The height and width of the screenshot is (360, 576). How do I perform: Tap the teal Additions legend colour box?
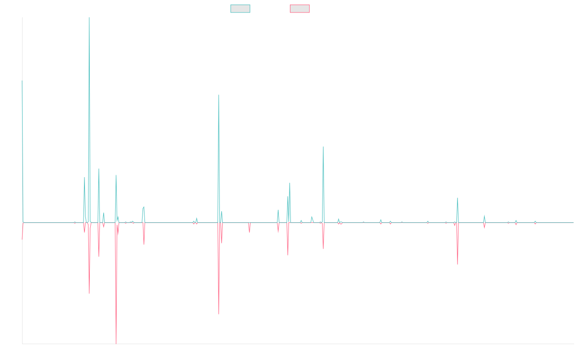tap(240, 9)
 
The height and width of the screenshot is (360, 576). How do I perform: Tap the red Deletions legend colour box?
tap(300, 9)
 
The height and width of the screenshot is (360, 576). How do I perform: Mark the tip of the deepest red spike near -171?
tap(116, 343)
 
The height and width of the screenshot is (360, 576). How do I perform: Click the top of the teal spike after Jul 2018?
tap(219, 95)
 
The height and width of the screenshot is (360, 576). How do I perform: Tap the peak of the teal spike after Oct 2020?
tap(323, 147)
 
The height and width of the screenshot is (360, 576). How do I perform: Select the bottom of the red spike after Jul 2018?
tap(219, 314)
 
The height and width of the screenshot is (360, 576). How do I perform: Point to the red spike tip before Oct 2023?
tap(457, 264)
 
